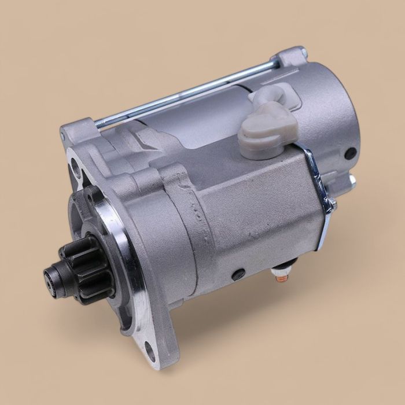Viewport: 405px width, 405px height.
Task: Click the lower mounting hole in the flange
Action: tap(149, 349)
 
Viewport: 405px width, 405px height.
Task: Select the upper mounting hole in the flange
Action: tap(73, 170)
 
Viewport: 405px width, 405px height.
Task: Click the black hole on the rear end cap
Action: tap(350, 154)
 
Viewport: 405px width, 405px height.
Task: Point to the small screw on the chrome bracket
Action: tap(332, 204)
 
